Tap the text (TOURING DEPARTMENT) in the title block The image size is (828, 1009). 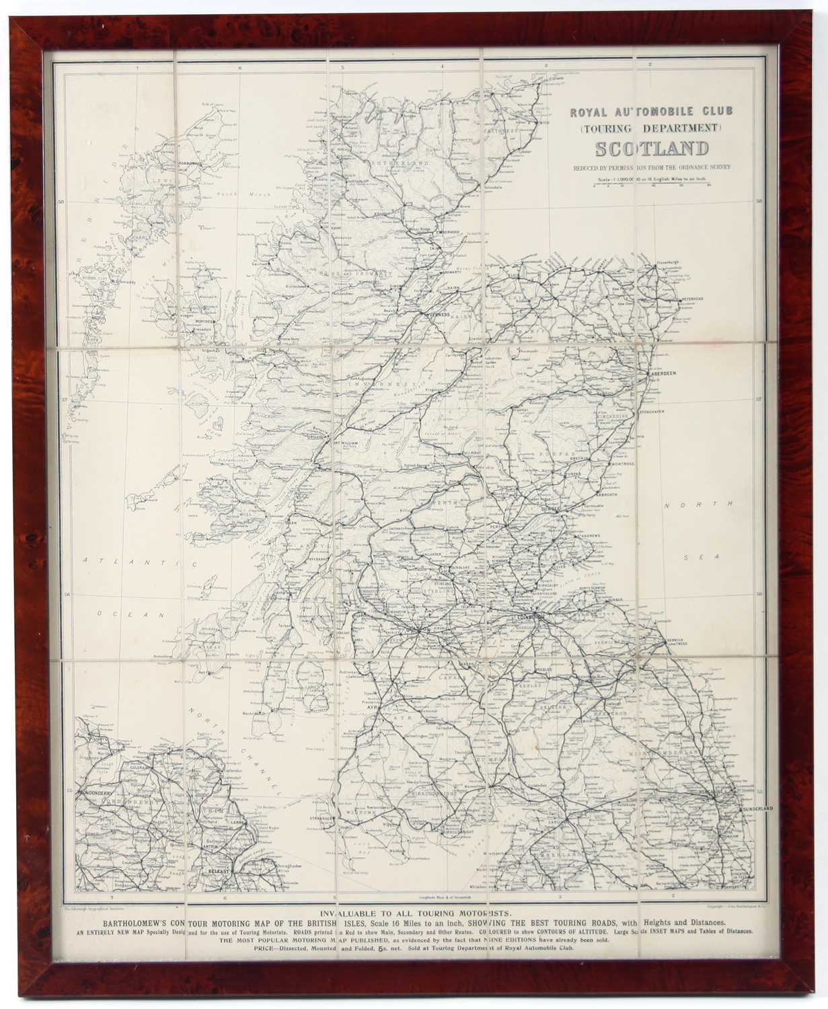pos(650,127)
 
